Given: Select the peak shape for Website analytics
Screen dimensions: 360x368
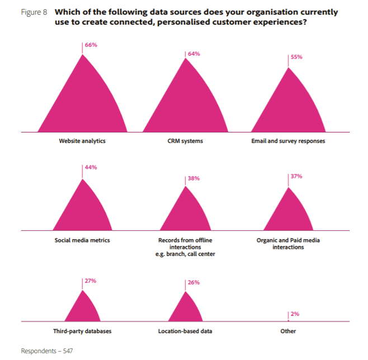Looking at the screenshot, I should coord(82,101).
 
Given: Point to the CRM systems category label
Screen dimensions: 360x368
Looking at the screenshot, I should coord(185,141).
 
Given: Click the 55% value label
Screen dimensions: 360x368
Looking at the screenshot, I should coord(296,57).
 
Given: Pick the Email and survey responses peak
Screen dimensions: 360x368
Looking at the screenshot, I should coord(288,106).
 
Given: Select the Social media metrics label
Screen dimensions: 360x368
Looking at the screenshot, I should coord(82,240).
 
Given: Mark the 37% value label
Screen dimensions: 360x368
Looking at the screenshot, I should coord(296,176).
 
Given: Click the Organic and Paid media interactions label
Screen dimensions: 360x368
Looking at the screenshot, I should coord(288,243).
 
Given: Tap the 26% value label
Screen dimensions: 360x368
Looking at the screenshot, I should coord(194,283).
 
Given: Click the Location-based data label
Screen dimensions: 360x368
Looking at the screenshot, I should coord(185,331).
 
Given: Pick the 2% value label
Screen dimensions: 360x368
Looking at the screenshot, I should coord(295,314).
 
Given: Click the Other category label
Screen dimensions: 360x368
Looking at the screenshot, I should coord(288,331).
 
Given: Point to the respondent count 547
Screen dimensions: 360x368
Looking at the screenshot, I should coord(67,350).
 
